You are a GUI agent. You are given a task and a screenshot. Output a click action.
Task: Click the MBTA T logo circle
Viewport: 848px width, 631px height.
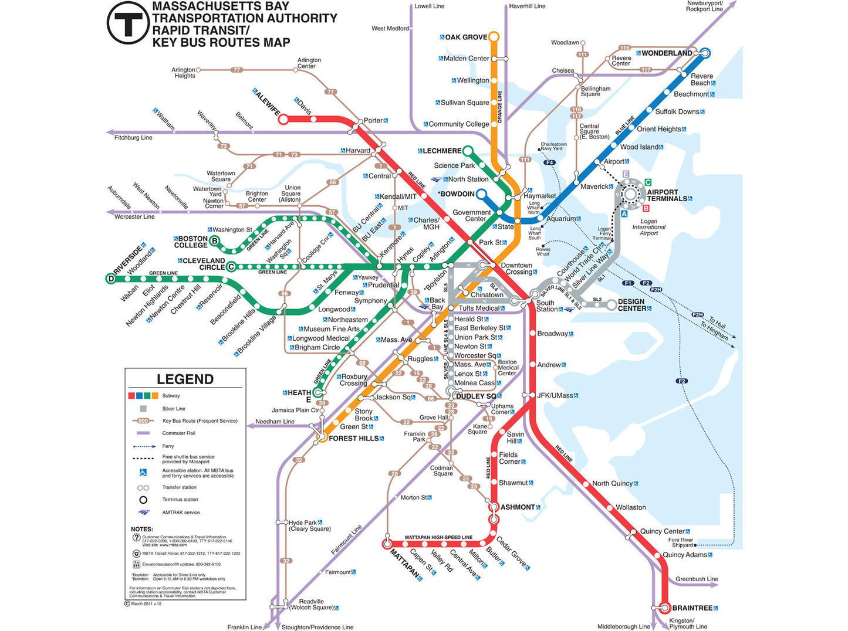127,23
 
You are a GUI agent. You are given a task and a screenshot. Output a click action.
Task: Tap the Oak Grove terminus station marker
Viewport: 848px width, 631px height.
494,37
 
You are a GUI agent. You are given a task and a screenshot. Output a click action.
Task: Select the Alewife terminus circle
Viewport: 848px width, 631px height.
283,120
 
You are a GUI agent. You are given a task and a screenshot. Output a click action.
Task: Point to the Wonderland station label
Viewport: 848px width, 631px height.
667,53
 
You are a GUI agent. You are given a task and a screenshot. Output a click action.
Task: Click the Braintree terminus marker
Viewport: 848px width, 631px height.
665,608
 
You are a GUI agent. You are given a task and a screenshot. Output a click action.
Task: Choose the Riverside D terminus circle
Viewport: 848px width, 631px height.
111,279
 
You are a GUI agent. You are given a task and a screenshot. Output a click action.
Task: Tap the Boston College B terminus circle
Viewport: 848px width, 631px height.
215,241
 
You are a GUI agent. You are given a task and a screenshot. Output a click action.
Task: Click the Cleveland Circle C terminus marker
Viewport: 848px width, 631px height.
231,267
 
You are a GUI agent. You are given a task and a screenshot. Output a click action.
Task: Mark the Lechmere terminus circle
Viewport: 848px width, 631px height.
468,151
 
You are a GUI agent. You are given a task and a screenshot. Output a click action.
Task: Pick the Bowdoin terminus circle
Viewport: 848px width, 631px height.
481,194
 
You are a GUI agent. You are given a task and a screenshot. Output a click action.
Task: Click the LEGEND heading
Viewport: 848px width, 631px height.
185,379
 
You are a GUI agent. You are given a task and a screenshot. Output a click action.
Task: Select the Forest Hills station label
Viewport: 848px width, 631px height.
353,439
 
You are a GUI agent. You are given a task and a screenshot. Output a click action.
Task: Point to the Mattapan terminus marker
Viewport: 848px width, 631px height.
387,544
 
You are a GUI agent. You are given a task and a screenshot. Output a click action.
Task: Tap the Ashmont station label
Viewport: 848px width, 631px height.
518,507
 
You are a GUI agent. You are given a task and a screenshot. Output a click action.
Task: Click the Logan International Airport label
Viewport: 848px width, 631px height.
648,228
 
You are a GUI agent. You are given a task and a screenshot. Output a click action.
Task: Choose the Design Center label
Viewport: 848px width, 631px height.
631,305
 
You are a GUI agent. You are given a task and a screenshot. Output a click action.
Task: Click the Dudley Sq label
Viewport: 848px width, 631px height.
475,396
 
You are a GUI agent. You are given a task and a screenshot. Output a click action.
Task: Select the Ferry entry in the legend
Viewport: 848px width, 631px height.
168,446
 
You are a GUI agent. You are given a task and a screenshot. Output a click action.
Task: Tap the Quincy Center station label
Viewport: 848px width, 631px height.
662,531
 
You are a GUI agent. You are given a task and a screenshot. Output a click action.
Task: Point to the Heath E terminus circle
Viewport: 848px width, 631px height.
319,392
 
